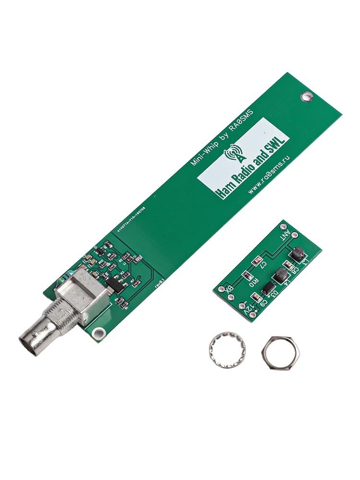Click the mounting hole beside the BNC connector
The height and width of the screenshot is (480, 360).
tap(99, 332)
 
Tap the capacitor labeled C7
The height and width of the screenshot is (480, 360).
tap(257, 262)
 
